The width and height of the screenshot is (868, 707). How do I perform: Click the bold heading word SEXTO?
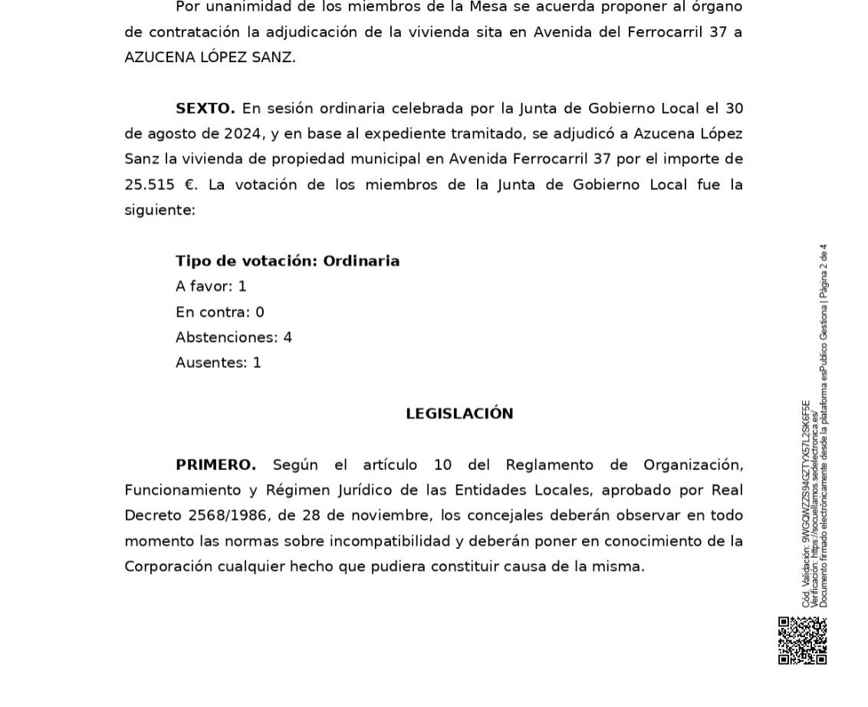tap(205, 108)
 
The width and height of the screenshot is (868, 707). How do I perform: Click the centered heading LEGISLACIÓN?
tap(459, 414)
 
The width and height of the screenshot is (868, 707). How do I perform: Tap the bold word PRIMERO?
tap(215, 465)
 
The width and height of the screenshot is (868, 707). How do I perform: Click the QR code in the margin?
tap(803, 640)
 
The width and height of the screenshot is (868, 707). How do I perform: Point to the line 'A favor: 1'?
tap(211, 286)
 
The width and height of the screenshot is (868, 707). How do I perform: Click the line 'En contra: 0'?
tap(219, 312)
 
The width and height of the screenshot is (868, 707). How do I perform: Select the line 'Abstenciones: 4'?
tap(233, 337)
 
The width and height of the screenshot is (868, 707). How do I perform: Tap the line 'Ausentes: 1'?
tap(218, 363)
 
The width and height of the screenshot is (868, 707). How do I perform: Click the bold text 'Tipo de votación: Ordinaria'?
tap(288, 261)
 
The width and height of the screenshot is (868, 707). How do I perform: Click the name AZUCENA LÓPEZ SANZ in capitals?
tap(209, 58)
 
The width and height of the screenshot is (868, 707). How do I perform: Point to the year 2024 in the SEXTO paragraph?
tap(243, 133)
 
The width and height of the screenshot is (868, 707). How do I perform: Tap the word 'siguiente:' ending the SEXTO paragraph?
tap(159, 210)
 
